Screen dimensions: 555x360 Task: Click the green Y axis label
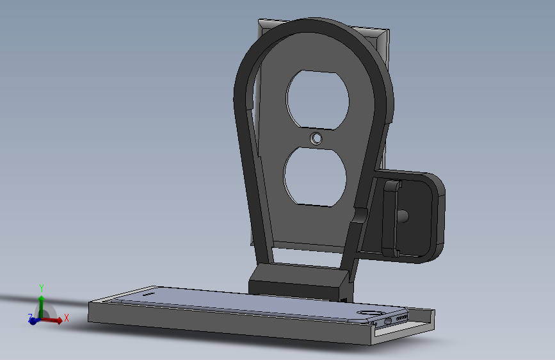42,288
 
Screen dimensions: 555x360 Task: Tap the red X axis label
66,318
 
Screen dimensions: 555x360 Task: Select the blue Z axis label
30,317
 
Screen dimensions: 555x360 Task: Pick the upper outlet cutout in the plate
318,100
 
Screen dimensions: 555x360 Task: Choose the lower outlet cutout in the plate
315,177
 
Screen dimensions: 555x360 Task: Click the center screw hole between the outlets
316,138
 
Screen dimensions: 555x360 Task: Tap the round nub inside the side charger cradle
403,216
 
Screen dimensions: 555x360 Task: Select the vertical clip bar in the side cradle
390,218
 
